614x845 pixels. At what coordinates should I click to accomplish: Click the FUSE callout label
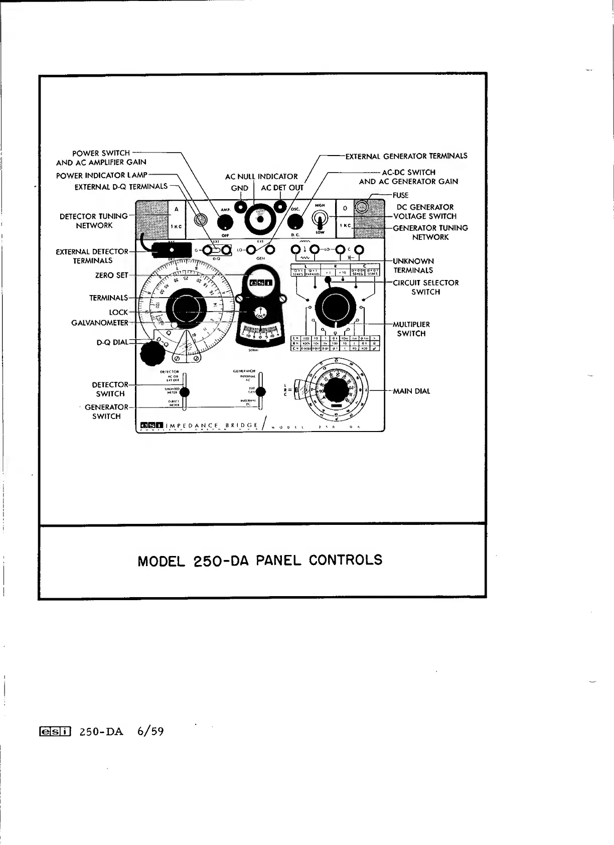point(400,195)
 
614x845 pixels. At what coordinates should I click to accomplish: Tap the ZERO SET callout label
point(112,275)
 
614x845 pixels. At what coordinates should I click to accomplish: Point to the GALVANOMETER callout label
point(99,323)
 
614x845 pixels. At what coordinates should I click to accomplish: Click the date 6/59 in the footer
point(150,731)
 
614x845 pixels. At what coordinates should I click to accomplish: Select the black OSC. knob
point(296,221)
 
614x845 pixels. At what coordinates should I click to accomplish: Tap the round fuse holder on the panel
point(362,207)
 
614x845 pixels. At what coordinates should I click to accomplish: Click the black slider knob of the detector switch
point(185,392)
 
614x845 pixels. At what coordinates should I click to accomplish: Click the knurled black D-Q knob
point(151,354)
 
